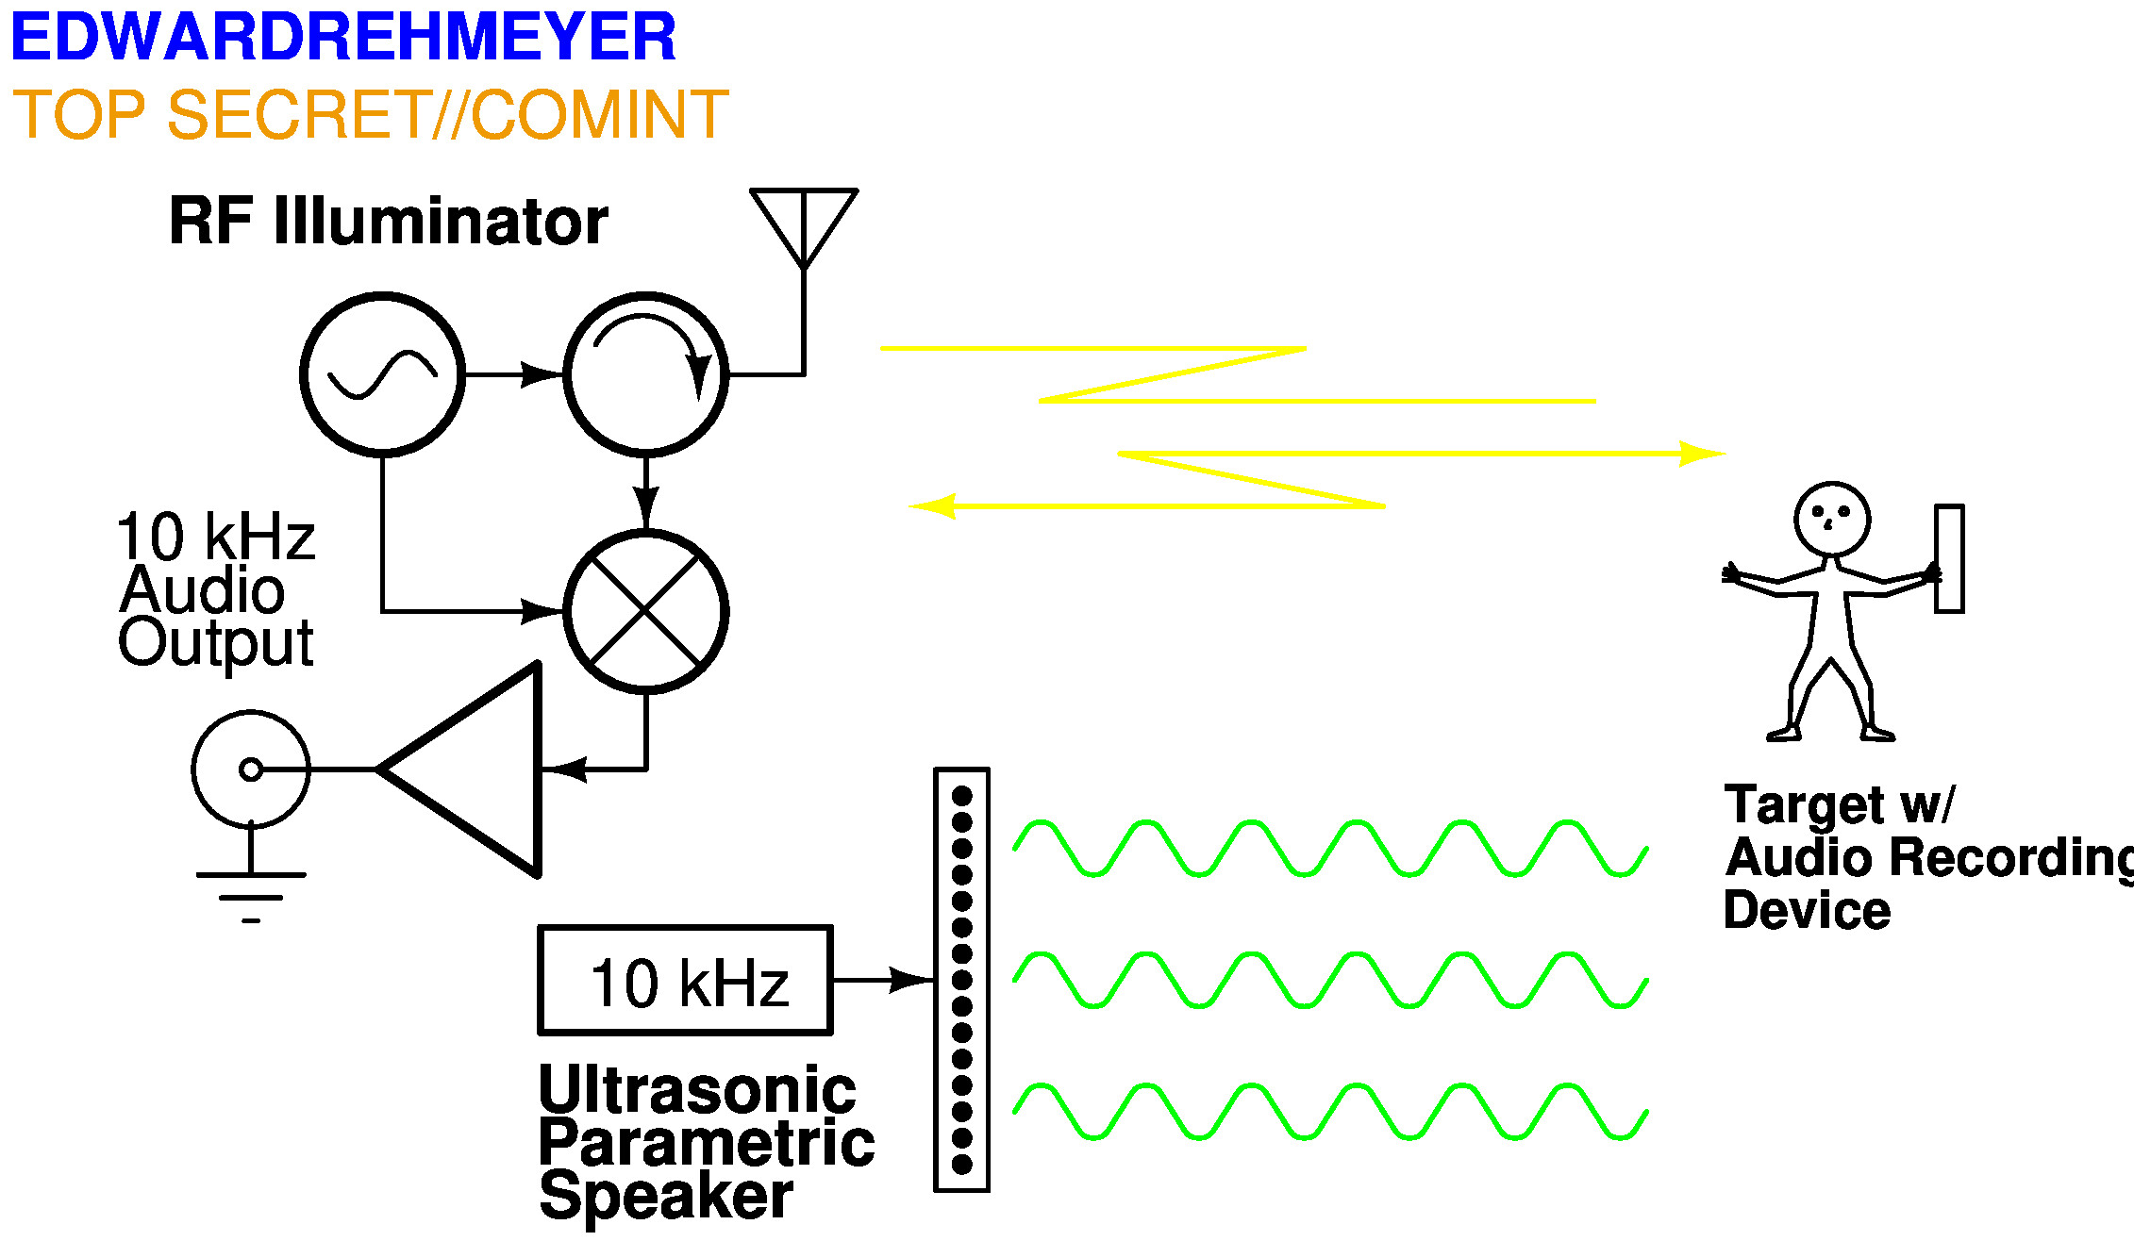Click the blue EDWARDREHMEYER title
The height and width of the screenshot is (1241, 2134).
pos(343,37)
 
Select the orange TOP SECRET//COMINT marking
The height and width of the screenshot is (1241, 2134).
pos(371,114)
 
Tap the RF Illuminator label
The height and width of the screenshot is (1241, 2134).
pos(389,221)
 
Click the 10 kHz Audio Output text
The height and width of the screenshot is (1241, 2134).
pos(216,590)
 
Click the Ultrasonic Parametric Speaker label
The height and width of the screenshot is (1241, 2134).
pos(706,1143)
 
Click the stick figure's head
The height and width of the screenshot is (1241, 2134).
pos(1832,520)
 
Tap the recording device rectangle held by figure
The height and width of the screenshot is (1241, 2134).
pos(1949,559)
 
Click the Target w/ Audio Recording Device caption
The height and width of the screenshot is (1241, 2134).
pos(1928,857)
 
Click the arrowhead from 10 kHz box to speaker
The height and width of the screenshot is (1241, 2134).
pos(911,981)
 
